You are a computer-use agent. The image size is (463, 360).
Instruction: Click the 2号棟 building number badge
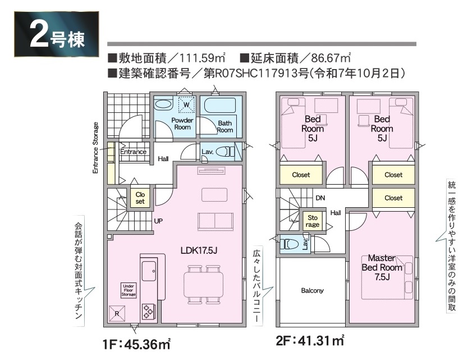click(x=56, y=34)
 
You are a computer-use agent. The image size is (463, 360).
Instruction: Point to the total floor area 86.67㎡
click(x=331, y=58)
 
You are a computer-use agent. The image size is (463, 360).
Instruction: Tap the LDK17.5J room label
click(x=199, y=250)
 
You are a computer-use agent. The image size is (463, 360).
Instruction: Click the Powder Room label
click(x=182, y=124)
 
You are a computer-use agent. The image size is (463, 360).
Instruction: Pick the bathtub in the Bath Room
click(x=220, y=106)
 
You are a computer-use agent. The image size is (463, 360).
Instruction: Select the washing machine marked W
click(x=186, y=104)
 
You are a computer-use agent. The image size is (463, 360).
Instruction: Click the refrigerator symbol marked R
click(x=117, y=313)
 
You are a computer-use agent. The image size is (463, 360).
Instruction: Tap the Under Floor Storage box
click(x=129, y=290)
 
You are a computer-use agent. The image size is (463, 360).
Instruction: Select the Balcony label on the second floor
click(x=313, y=291)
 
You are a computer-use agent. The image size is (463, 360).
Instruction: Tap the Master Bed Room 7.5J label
click(x=382, y=267)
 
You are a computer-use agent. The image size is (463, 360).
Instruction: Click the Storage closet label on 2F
click(x=313, y=221)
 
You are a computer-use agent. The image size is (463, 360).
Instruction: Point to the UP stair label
click(x=158, y=221)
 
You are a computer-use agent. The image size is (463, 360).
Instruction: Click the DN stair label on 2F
click(x=320, y=198)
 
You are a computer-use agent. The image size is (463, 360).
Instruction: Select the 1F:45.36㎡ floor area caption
click(x=137, y=344)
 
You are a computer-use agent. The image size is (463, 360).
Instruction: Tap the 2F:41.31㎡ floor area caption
click(x=310, y=341)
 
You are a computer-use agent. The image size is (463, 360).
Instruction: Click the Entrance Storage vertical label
click(x=95, y=148)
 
